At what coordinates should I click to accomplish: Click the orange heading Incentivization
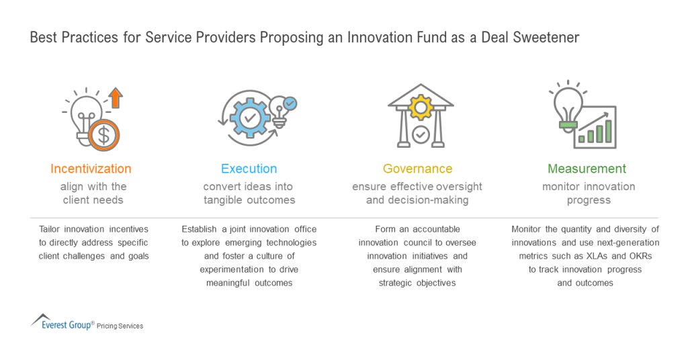(91, 169)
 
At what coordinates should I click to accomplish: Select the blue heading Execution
(249, 169)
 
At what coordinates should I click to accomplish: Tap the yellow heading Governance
(417, 169)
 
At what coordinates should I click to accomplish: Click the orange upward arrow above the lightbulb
(116, 98)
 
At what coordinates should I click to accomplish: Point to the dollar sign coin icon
(103, 134)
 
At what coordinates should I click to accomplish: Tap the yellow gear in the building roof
(421, 106)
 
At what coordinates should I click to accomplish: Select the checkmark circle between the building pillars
(421, 134)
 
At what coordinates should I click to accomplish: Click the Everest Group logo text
(67, 325)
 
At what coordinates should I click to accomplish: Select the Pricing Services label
(120, 326)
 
